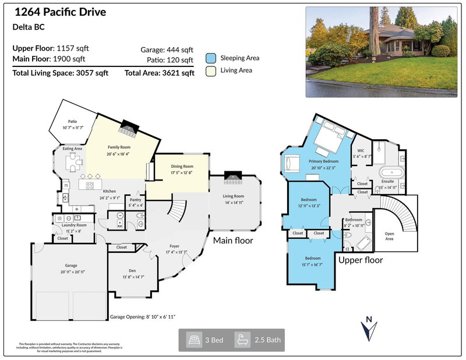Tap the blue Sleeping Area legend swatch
(x=211, y=58)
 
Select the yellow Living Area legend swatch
(x=211, y=71)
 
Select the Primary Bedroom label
(x=324, y=161)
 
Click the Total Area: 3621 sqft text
(x=159, y=73)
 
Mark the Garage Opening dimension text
(x=143, y=317)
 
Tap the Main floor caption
(x=233, y=240)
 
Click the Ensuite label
(x=387, y=181)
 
